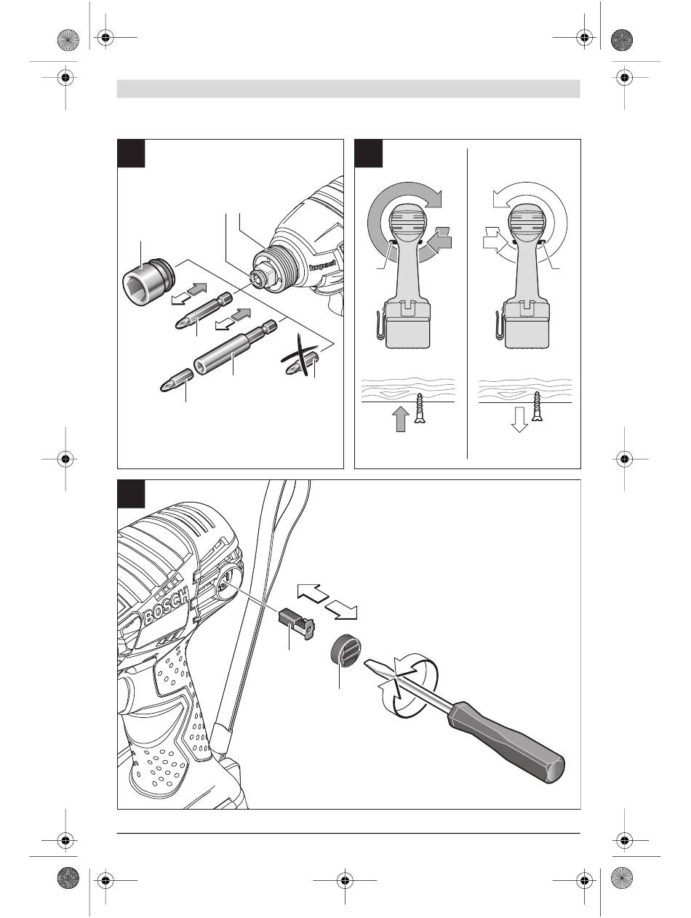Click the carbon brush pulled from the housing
coord(295,623)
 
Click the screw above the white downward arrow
coord(539,407)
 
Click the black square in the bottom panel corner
coord(131,493)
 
